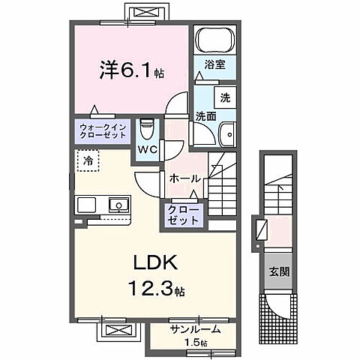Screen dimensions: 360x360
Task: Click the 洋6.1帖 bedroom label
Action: tap(132, 73)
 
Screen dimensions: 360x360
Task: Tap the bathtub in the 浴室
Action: tap(215, 40)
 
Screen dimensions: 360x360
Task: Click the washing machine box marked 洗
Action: tap(224, 97)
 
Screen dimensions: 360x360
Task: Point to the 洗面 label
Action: tap(206, 116)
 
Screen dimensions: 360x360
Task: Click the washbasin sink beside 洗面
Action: tap(226, 135)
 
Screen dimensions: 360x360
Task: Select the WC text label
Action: tap(146, 149)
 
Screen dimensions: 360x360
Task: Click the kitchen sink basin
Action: tap(118, 205)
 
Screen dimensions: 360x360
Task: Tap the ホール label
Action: tap(184, 178)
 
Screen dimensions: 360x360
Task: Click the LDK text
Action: tap(154, 263)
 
